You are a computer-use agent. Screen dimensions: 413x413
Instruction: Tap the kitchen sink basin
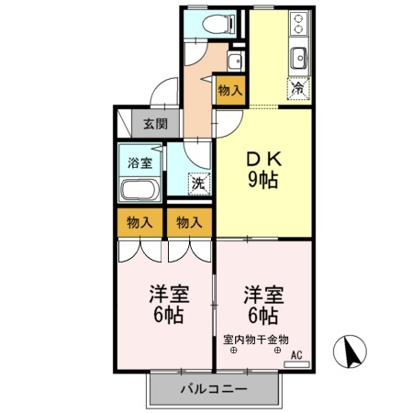[299, 61]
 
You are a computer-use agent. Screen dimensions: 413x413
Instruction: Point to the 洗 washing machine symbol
[196, 183]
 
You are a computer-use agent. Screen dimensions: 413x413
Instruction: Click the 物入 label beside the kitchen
[230, 90]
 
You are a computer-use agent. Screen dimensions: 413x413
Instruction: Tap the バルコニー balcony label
[213, 389]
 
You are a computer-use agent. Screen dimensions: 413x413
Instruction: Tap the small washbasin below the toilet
[233, 62]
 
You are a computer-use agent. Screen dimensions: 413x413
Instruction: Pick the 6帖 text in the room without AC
[166, 317]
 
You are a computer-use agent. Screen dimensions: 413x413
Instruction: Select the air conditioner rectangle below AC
[296, 363]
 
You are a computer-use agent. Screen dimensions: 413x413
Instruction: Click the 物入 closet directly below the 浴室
[139, 222]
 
